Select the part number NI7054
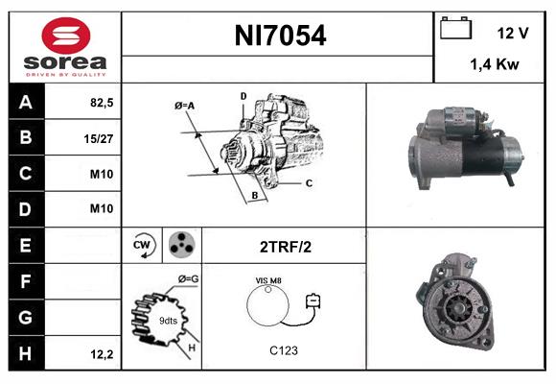(280, 36)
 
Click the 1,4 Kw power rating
(496, 64)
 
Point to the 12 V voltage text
(513, 33)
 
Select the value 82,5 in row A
(101, 102)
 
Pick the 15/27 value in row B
(100, 137)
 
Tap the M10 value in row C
(101, 174)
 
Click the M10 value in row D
(101, 209)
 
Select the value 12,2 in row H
(101, 354)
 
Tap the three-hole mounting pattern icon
(181, 246)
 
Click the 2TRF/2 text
(285, 247)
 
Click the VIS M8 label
(268, 280)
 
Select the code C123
(284, 349)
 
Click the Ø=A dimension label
(186, 105)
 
